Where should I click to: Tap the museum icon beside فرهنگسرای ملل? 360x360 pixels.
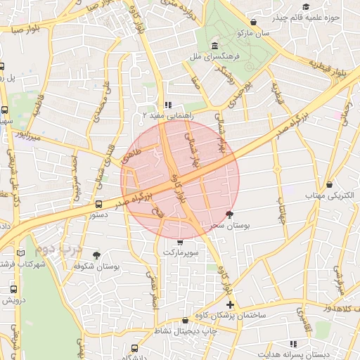214,46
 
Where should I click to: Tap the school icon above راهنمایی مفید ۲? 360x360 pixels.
167,105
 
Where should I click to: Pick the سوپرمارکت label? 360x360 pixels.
182,251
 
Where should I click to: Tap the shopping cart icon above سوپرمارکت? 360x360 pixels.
182,241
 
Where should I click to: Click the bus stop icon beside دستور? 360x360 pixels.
98,204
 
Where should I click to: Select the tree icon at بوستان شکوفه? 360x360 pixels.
96,256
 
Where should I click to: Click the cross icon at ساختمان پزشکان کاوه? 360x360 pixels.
230,305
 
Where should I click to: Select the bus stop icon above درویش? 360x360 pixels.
14,288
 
